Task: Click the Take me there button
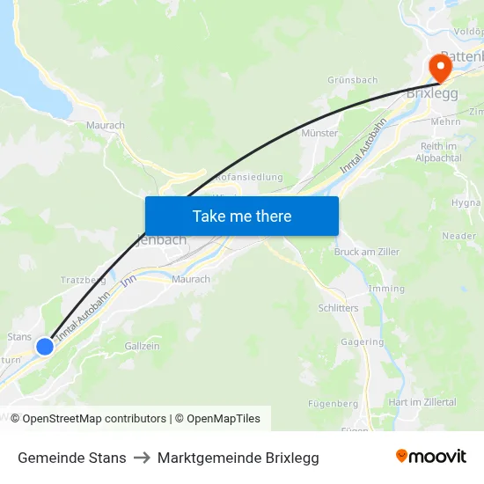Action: pos(242,216)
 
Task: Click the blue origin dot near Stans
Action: pos(45,347)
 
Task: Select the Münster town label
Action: pos(319,133)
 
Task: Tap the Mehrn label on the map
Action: pos(446,122)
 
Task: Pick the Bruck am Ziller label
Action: pos(367,252)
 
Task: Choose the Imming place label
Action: pos(387,289)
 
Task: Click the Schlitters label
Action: pos(338,308)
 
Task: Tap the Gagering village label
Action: pos(363,342)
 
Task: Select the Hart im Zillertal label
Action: pos(422,402)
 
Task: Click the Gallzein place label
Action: pos(143,346)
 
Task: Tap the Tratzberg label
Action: pos(83,280)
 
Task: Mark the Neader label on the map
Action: pos(458,236)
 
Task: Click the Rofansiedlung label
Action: pos(249,177)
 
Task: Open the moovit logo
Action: pos(430,457)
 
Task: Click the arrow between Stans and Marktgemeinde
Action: pos(142,458)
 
